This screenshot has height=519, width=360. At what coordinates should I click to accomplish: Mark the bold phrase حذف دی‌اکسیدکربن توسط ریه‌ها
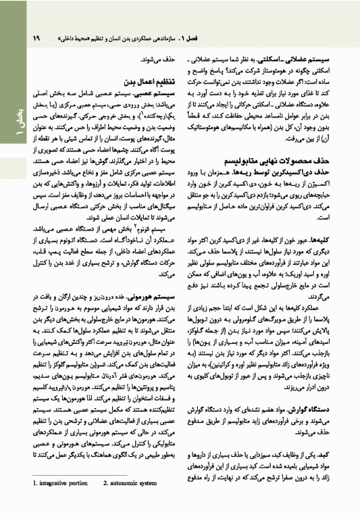pyautogui.click(x=301, y=174)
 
